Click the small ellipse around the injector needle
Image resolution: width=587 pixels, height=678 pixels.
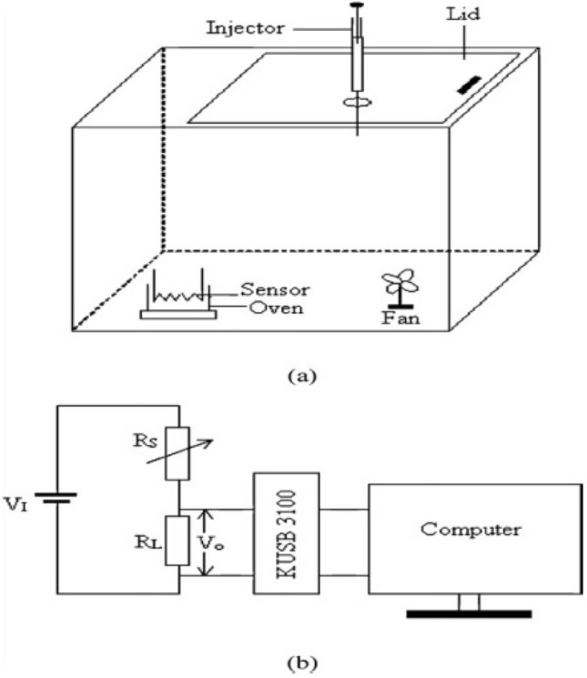(356, 105)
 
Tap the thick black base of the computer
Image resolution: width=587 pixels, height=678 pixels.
(470, 612)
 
